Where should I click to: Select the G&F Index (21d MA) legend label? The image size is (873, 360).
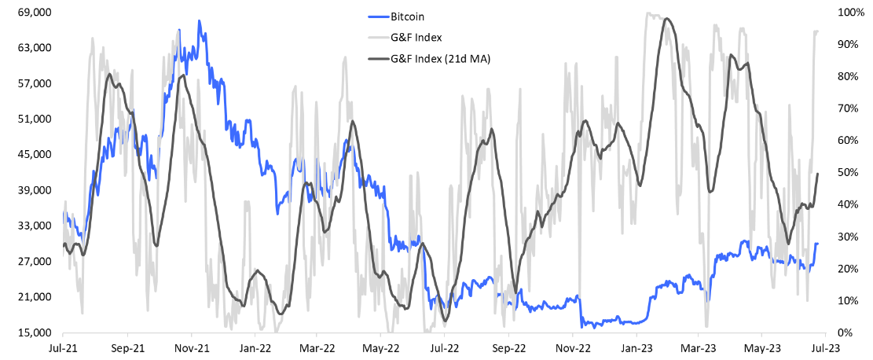click(440, 58)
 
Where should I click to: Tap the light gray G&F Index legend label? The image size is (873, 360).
click(416, 37)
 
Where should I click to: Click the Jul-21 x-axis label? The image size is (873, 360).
click(63, 347)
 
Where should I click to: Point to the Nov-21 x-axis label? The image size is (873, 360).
click(191, 347)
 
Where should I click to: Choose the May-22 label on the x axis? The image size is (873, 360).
click(381, 347)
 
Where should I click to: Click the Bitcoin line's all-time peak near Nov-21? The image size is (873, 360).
click(200, 21)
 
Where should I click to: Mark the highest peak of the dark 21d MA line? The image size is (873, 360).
click(666, 19)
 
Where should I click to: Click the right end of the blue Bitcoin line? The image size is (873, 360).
click(818, 244)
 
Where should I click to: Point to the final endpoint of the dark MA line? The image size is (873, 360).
click(818, 174)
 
